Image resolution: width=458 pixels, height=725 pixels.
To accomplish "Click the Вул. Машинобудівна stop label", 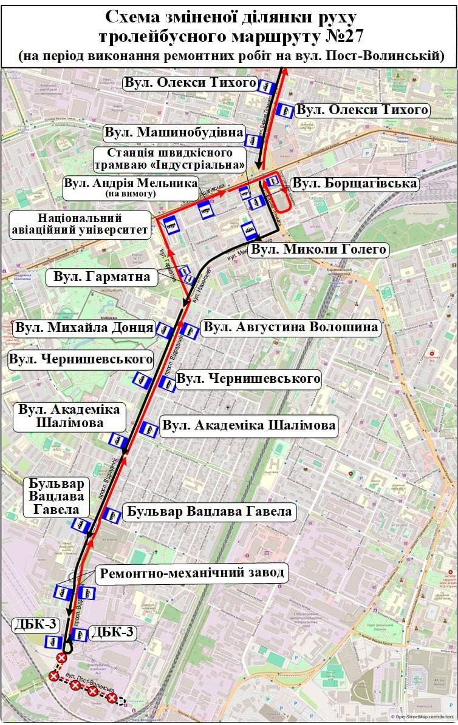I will [174, 132].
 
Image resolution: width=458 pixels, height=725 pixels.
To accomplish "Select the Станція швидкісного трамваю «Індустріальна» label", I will [170, 159].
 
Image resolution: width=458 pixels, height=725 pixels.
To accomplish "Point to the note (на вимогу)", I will [131, 194].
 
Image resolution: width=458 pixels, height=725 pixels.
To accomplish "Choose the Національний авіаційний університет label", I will [80, 224].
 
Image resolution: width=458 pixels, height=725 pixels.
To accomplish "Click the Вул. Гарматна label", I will [102, 278].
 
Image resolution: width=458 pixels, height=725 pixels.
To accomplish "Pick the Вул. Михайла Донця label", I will [84, 328].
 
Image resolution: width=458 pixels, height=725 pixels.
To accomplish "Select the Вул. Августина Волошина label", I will [291, 328].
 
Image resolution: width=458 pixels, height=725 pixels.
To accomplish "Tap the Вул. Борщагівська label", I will [354, 183].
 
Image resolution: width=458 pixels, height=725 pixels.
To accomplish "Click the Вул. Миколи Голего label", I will [319, 249].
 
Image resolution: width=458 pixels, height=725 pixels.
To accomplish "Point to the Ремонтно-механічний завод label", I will [192, 573].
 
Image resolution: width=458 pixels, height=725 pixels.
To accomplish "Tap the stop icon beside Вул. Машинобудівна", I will [253, 141].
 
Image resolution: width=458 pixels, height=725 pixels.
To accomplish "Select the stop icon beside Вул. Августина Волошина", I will [190, 331].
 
